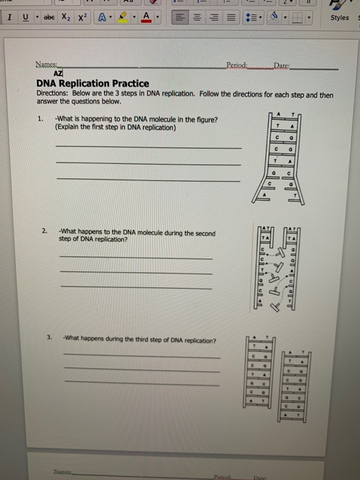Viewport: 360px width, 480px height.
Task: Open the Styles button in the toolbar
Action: [x=339, y=18]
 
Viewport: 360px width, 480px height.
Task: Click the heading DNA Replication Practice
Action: [x=93, y=83]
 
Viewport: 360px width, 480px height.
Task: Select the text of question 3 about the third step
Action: [x=140, y=340]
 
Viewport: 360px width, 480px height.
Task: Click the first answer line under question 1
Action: [x=147, y=147]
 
